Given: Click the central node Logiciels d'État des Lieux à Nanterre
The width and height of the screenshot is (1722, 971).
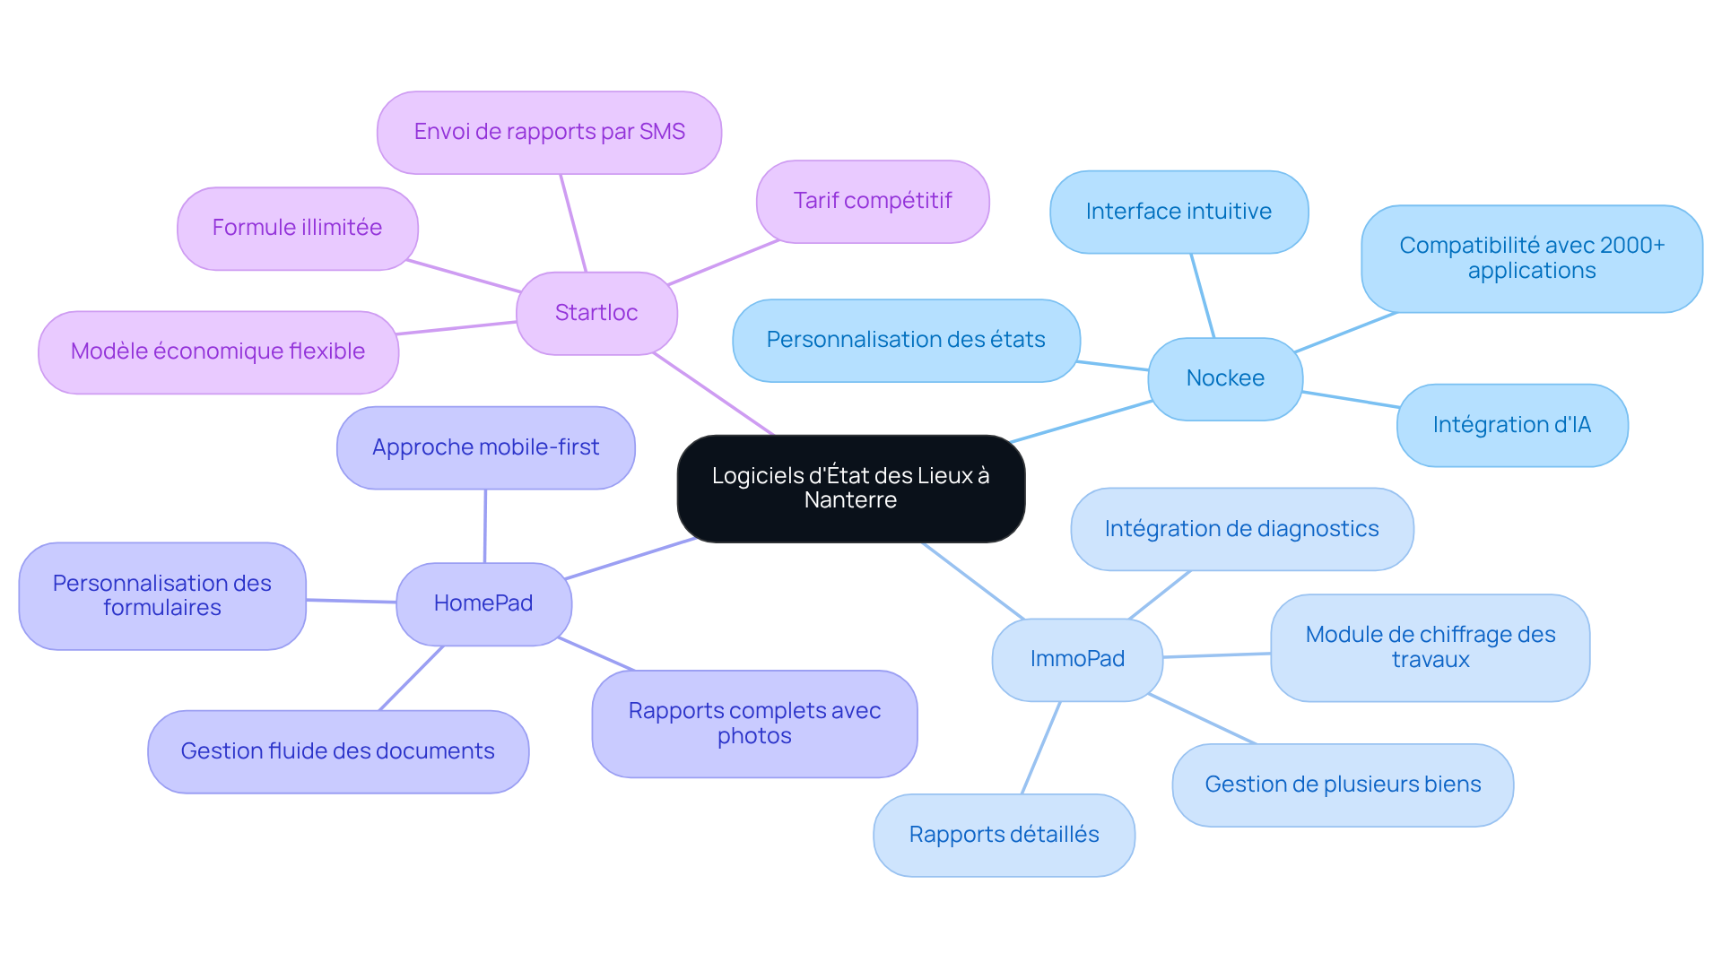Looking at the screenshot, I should (850, 489).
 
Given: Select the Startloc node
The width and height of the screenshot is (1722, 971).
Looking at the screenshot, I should (596, 313).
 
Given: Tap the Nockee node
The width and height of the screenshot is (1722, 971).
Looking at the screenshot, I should (1225, 378).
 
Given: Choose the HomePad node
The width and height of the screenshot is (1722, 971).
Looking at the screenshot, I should (483, 603).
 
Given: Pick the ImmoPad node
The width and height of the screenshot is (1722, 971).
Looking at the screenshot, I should (1077, 659).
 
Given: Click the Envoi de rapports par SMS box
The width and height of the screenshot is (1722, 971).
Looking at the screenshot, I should (549, 132).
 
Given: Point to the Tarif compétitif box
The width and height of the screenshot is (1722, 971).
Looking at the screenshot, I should (873, 201).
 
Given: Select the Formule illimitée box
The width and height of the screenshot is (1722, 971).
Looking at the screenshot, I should (297, 228).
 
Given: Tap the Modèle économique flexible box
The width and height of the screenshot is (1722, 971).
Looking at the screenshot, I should (218, 351).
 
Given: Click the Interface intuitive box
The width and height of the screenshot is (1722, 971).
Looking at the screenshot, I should (1178, 212).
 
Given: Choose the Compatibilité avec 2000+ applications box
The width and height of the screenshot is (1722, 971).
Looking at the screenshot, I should (1532, 258).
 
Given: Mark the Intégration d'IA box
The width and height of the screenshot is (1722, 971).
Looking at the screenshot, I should (1512, 425).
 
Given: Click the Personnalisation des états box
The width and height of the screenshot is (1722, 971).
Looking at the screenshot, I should (906, 340).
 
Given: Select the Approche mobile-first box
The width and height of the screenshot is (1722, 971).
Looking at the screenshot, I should (485, 447).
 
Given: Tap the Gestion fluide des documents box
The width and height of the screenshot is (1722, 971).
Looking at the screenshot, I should (337, 751).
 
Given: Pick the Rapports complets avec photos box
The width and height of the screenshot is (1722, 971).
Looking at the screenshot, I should (754, 724).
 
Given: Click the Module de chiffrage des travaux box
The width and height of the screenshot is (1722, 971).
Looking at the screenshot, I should (1430, 647).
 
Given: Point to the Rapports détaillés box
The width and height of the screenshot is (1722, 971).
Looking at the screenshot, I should (1004, 835).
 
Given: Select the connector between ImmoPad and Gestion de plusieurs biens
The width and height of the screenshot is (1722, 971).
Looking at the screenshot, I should (1202, 718).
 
